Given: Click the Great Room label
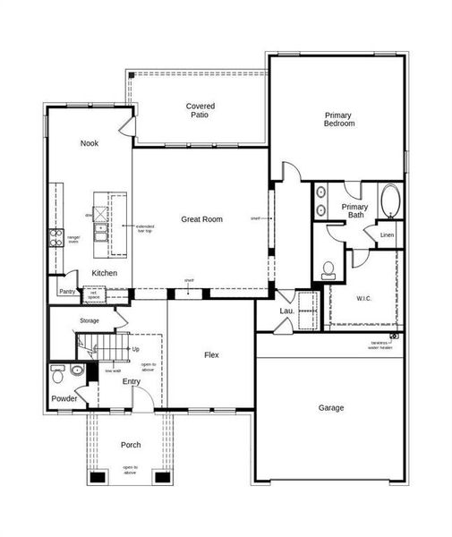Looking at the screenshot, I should click(201, 219).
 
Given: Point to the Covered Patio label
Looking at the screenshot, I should click(200, 111).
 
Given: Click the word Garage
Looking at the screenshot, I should click(331, 408).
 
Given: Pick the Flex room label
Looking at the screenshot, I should click(211, 355).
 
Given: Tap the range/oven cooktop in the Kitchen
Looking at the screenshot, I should click(55, 239).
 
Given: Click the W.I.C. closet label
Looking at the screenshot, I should click(363, 298).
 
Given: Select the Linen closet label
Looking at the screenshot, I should click(387, 235).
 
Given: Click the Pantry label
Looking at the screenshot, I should click(67, 292).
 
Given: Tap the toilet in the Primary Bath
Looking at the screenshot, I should click(328, 268).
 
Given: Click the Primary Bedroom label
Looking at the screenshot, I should click(339, 119).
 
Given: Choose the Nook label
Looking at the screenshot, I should click(89, 143).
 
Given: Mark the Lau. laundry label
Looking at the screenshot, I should click(286, 311).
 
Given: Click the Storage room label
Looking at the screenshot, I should click(90, 320).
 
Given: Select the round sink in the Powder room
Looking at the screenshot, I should click(78, 369).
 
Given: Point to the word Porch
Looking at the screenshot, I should click(131, 445).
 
